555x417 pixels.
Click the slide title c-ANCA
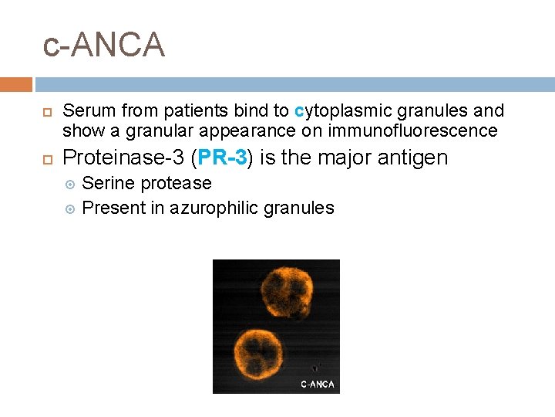coord(104,45)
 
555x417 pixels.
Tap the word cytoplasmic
coord(338,111)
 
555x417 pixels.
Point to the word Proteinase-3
coord(123,158)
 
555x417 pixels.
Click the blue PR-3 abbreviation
coord(223,158)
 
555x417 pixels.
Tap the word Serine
coord(108,184)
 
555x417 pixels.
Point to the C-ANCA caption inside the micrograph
coord(317,384)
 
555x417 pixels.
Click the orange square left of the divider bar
coord(16,84)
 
